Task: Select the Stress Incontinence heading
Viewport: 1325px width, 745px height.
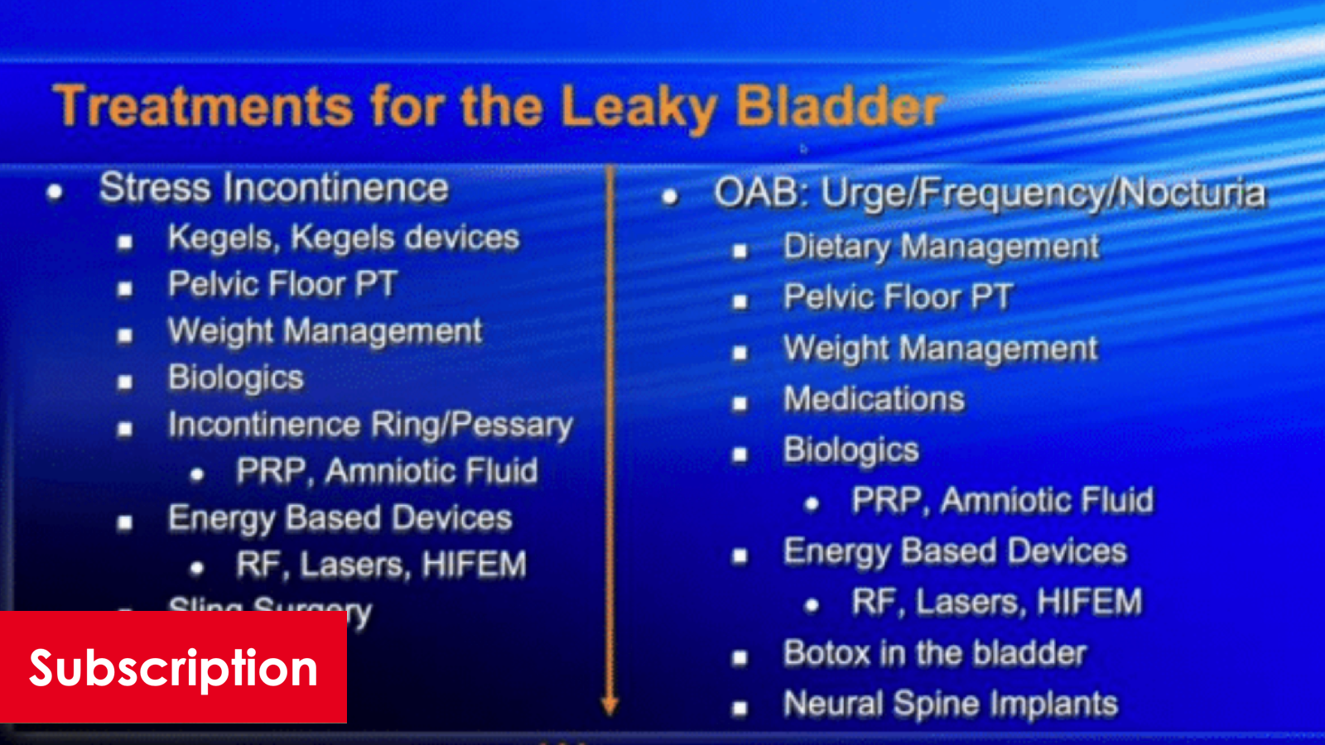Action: [273, 188]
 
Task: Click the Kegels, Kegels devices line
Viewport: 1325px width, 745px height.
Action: [343, 238]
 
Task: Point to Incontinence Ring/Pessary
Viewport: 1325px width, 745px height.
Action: [369, 425]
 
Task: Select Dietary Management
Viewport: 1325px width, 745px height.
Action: [941, 247]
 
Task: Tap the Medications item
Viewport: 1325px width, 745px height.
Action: [874, 399]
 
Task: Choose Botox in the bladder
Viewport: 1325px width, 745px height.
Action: [934, 653]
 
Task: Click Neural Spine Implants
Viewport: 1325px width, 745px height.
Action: [950, 704]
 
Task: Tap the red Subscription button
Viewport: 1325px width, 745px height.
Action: [173, 667]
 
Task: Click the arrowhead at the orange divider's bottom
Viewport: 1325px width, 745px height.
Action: [610, 705]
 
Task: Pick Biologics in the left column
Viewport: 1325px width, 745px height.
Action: [235, 377]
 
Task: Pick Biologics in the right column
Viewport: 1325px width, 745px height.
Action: [850, 449]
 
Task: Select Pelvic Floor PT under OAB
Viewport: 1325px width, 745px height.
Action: [898, 297]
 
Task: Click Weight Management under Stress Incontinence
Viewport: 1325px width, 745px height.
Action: [324, 331]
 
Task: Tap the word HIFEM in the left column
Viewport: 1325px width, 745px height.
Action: [474, 565]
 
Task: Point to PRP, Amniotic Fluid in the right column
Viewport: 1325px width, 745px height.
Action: [1002, 500]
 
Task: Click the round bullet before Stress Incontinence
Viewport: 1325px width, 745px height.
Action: [55, 192]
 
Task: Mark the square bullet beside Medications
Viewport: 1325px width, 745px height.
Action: [740, 403]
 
